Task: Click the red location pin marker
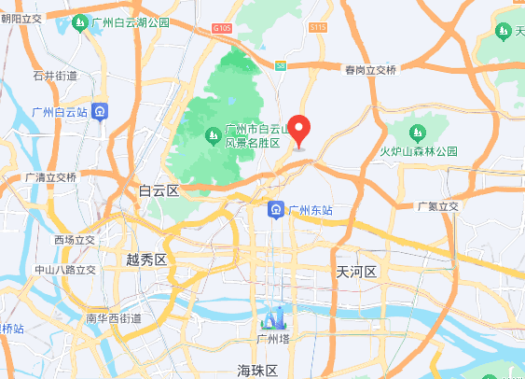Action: point(299,129)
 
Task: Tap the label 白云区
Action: point(158,190)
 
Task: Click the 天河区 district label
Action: point(355,272)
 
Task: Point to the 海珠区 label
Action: point(257,371)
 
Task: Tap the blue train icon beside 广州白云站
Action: point(101,112)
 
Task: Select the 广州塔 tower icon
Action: point(275,319)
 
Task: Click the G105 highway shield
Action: point(221,30)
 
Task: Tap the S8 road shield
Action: point(281,63)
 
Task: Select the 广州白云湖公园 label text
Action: point(131,21)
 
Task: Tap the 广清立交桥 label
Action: point(50,177)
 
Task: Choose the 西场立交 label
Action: point(75,240)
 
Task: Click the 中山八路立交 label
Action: point(64,270)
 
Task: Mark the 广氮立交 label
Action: point(438,206)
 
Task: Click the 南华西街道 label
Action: point(114,318)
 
